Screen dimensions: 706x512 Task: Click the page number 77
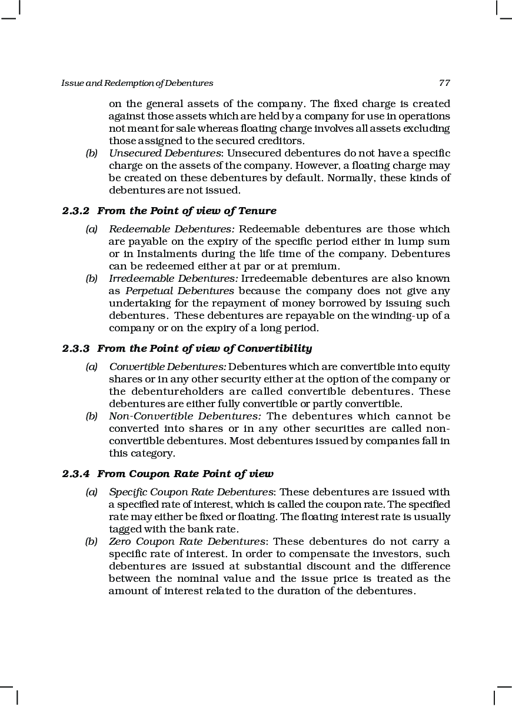point(444,83)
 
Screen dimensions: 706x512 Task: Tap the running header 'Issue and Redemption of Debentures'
point(137,83)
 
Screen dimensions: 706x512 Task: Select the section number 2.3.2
point(77,211)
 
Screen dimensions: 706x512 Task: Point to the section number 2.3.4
point(77,474)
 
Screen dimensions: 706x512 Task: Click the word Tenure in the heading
point(257,211)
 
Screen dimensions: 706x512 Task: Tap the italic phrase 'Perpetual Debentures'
point(179,291)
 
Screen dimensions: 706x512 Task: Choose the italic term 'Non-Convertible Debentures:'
point(185,416)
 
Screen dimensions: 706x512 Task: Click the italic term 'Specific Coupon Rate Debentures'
point(191,492)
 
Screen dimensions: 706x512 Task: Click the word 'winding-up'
point(408,315)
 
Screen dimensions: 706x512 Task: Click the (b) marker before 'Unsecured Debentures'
point(91,153)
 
